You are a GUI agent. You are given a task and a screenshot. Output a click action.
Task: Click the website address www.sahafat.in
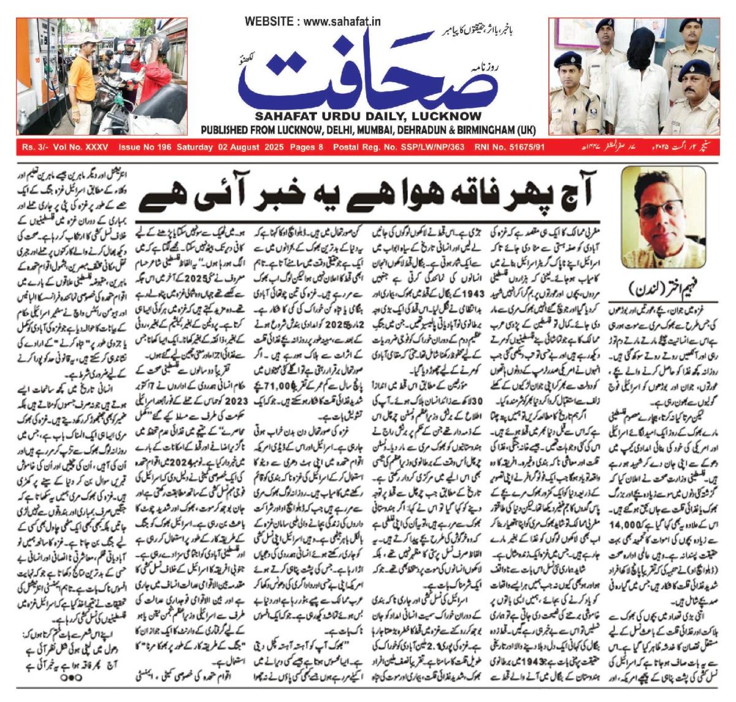click(342, 21)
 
